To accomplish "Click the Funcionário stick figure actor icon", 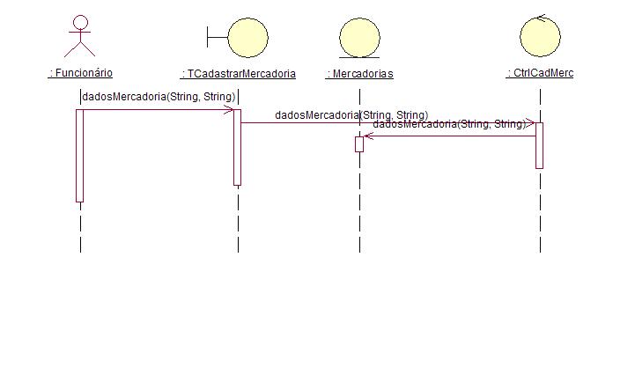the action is [80, 36].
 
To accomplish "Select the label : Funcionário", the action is [80, 73].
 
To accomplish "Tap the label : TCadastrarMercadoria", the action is [238, 74].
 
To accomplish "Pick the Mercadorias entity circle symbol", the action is [359, 38].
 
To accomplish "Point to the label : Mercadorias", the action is [359, 74].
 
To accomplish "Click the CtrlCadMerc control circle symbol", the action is [540, 35].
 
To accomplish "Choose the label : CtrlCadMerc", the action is [540, 73].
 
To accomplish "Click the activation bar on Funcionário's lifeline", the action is [80, 156].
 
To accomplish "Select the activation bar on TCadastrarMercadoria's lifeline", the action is [237, 147].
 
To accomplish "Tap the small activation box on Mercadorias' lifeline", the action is [359, 144].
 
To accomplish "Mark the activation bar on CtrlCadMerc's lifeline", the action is [539, 146].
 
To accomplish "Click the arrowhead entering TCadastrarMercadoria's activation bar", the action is [229, 110].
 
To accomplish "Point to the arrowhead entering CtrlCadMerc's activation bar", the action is [530, 123].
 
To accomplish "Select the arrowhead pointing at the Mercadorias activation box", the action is [368, 136].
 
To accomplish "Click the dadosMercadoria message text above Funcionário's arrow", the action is [159, 97].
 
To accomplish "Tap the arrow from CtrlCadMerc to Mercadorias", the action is [449, 136].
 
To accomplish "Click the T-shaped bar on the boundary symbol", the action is [217, 37].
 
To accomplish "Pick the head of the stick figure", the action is [81, 22].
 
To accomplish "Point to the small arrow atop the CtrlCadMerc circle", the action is [541, 17].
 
